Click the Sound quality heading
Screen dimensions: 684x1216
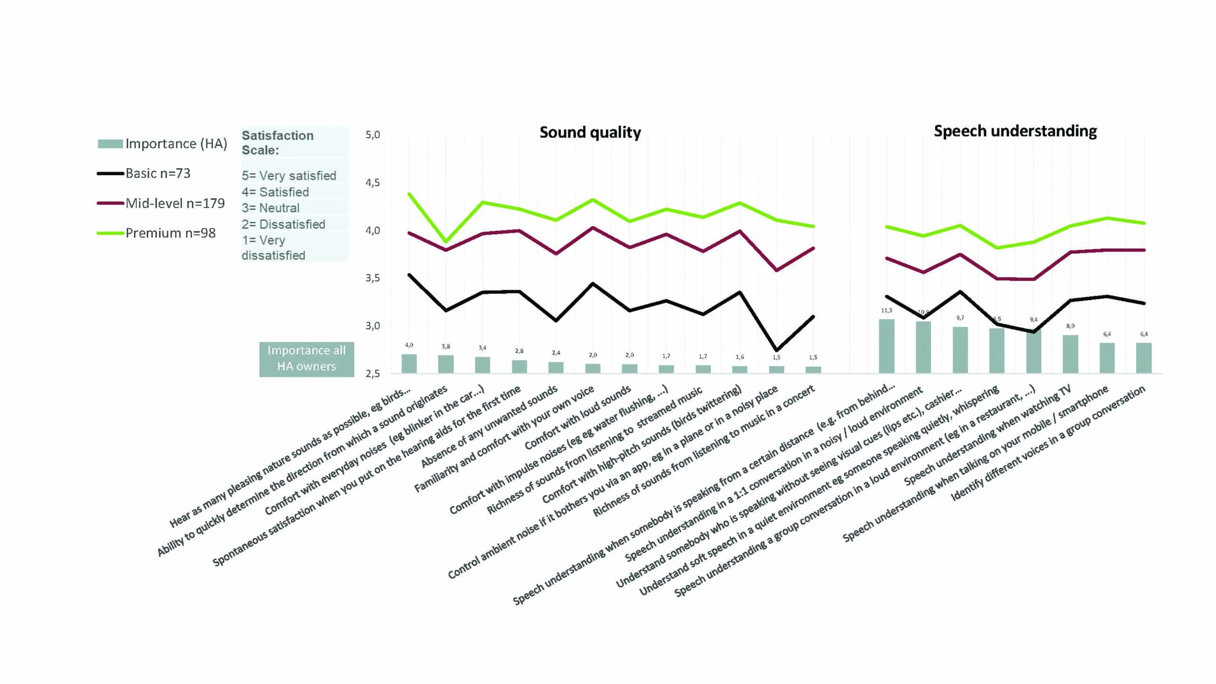[590, 132]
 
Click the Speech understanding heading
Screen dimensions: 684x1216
[1015, 131]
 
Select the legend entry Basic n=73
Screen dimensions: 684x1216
[158, 173]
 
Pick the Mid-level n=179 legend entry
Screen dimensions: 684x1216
[175, 203]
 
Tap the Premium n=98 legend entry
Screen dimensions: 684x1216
[170, 233]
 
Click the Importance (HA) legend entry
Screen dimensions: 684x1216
[176, 143]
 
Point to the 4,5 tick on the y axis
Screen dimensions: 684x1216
[372, 183]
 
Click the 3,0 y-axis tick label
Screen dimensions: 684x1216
[372, 326]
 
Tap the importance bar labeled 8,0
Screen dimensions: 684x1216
[1070, 354]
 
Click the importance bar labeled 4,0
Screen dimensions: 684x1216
[409, 363]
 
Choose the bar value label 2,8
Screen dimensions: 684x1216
[519, 351]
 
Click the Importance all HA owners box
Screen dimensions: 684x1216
[306, 359]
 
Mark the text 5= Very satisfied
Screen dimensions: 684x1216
[289, 175]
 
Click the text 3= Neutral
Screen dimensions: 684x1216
[270, 208]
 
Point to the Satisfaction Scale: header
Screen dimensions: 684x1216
[277, 142]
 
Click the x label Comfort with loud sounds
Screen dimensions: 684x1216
[578, 418]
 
